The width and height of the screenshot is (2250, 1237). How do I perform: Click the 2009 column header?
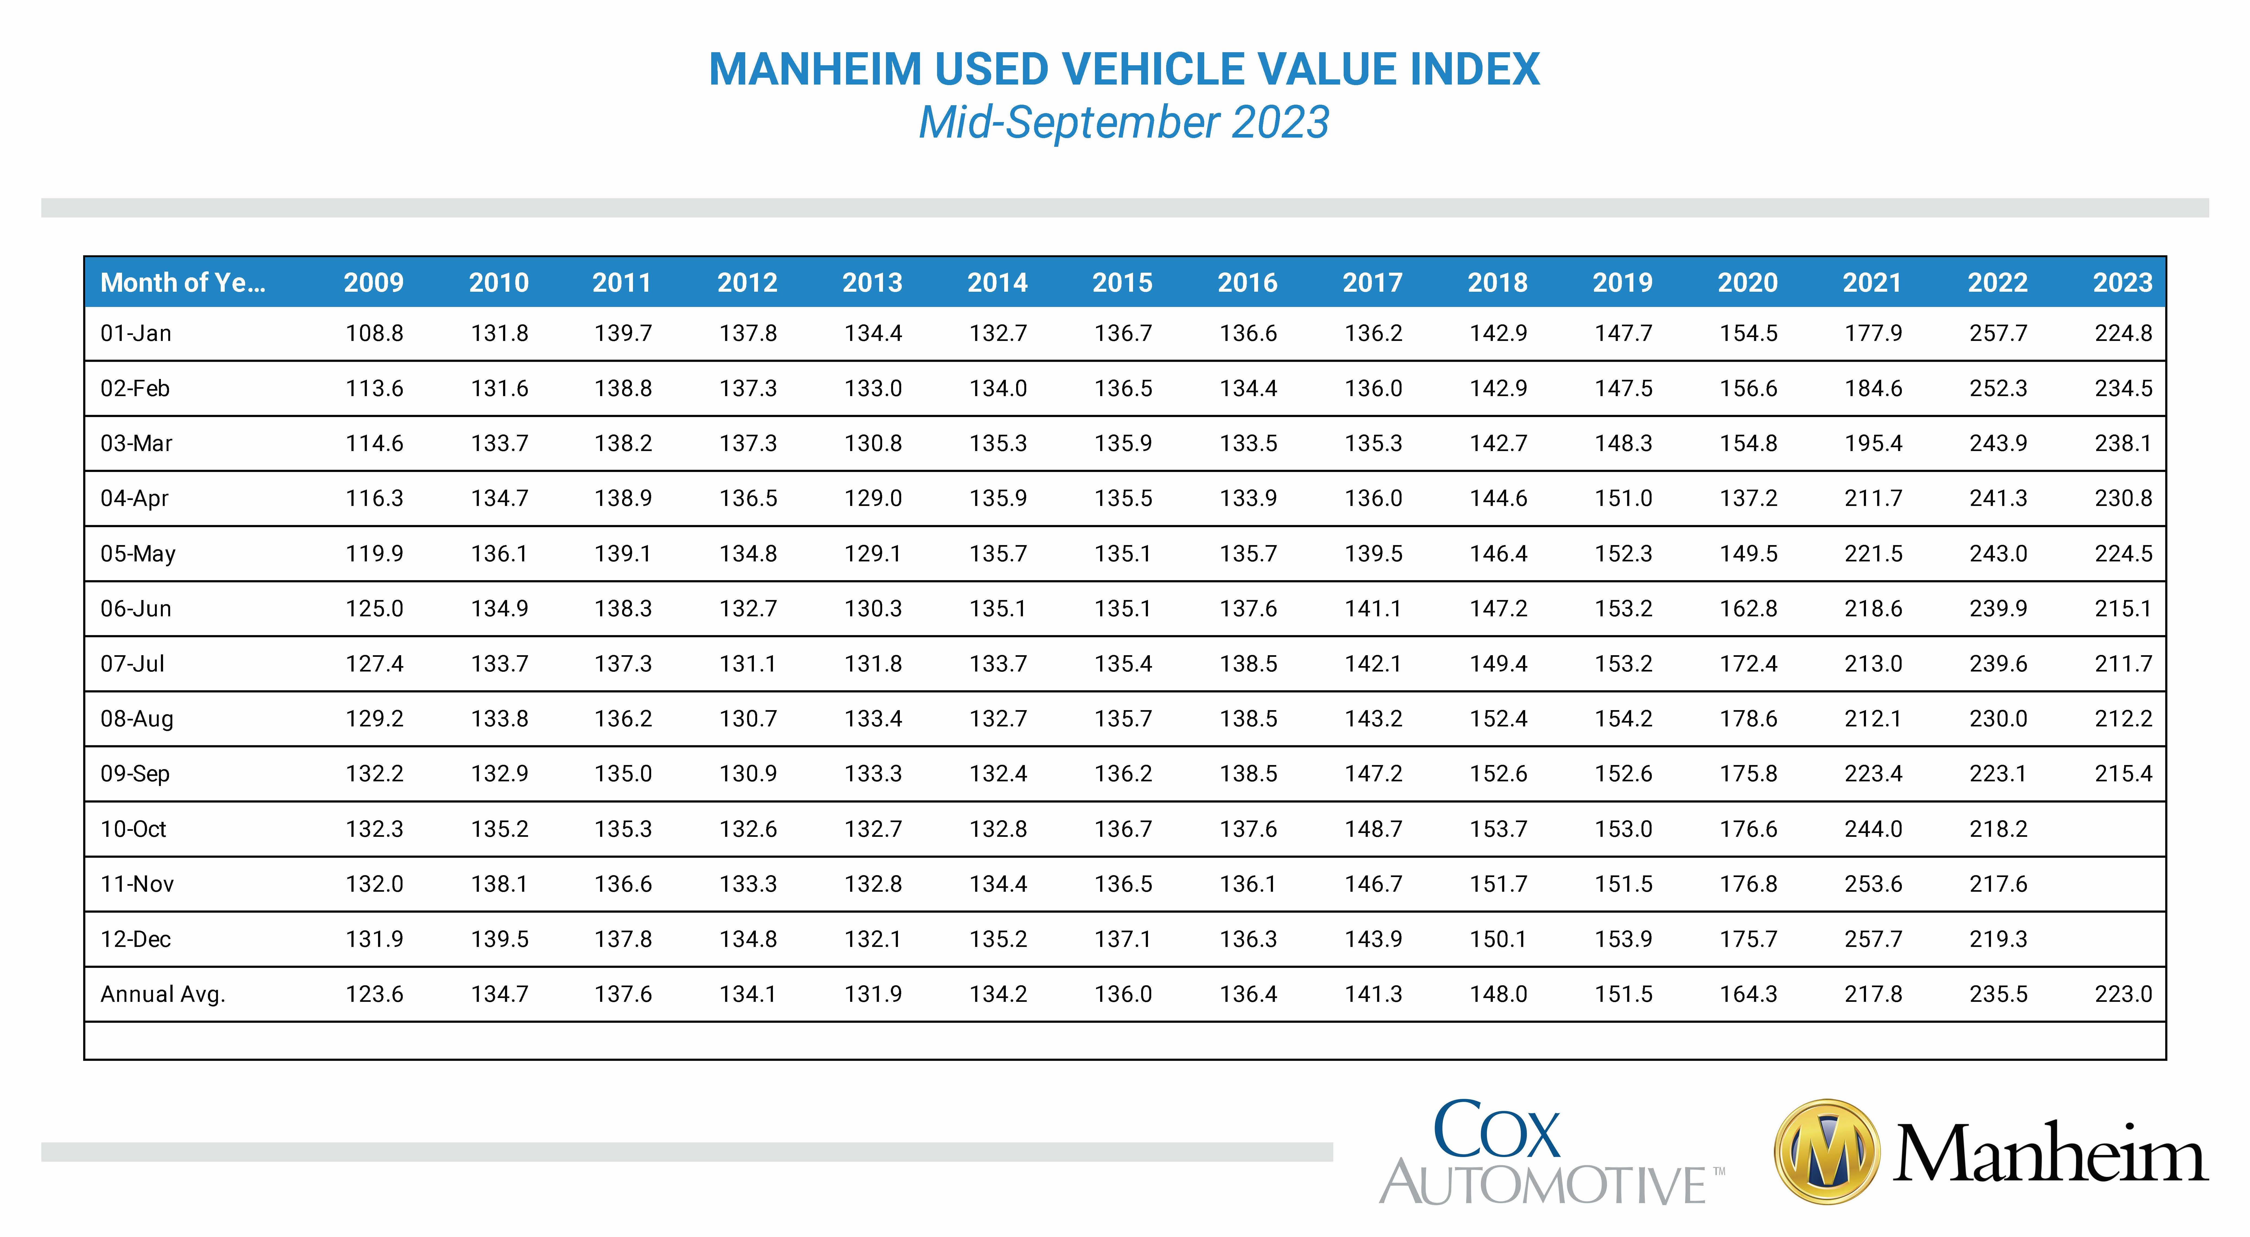click(x=374, y=282)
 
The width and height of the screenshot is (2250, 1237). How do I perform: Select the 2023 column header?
click(x=2123, y=282)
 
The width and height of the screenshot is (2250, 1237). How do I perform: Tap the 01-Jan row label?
click(x=136, y=333)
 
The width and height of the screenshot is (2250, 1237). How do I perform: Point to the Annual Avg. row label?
click(x=163, y=994)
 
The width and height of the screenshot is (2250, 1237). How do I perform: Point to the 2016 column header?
click(x=1247, y=282)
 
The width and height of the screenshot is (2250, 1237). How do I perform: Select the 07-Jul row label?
click(x=133, y=663)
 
